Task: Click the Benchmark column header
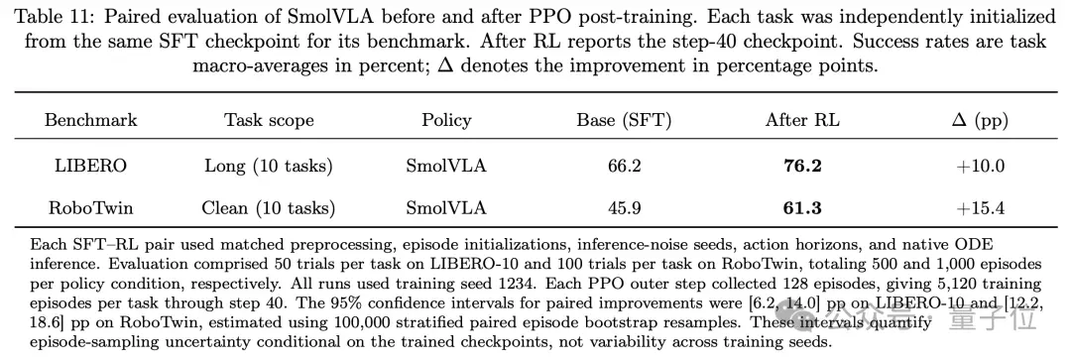(x=91, y=121)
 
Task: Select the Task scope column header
(x=269, y=121)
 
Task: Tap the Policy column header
(x=446, y=121)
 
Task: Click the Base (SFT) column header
(x=624, y=121)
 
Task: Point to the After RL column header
(x=802, y=121)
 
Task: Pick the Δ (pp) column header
(x=980, y=121)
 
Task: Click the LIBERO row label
(x=91, y=166)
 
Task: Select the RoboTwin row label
(x=91, y=207)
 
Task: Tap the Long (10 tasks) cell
(x=269, y=166)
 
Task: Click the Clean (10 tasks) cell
(x=269, y=207)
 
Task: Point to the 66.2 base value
(x=624, y=166)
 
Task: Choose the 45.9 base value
(x=624, y=207)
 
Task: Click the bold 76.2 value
(x=802, y=166)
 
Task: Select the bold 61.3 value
(x=802, y=207)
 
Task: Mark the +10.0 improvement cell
(x=980, y=166)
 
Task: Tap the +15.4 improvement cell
(x=980, y=207)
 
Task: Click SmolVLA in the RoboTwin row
(x=446, y=207)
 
